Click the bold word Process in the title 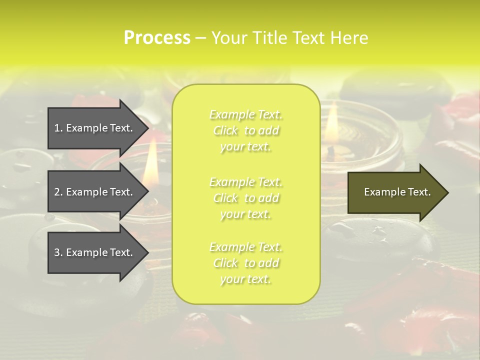pos(157,38)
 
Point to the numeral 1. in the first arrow pos(58,128)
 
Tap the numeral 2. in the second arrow pos(58,192)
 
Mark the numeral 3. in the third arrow pos(58,252)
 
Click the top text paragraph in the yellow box pos(246,130)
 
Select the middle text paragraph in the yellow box pos(246,198)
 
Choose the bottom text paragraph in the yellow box pos(246,263)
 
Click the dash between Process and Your pos(200,38)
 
